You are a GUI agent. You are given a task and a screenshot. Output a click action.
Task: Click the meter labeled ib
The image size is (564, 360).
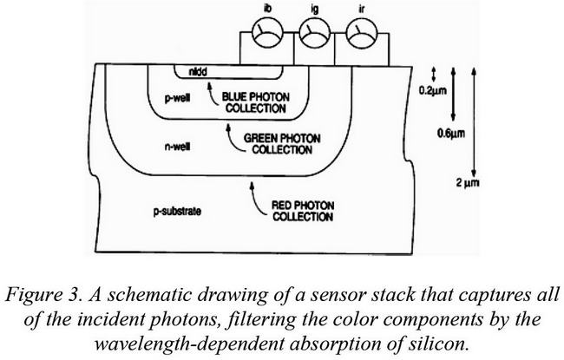(267, 33)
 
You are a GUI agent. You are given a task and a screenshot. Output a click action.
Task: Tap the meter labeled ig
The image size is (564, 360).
(314, 33)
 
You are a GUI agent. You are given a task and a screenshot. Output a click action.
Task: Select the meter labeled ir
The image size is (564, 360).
(362, 33)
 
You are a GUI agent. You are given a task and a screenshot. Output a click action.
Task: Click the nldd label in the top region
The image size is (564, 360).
(198, 72)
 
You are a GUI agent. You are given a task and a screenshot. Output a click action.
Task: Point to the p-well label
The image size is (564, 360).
(177, 98)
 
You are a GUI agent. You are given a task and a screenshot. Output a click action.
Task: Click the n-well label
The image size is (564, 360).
(178, 147)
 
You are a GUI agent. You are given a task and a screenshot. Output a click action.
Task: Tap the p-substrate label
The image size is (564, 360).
(177, 212)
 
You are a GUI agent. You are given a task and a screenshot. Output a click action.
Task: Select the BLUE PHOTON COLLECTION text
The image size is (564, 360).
(255, 102)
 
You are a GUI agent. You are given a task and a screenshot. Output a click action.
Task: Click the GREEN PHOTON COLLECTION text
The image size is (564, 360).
(282, 144)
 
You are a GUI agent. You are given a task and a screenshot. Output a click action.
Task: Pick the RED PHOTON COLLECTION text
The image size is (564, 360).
(303, 211)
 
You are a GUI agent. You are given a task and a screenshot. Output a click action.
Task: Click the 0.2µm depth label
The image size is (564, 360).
(433, 90)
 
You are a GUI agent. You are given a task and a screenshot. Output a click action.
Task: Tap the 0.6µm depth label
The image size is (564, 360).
(451, 134)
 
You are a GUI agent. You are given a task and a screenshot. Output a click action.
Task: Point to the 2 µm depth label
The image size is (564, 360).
(468, 183)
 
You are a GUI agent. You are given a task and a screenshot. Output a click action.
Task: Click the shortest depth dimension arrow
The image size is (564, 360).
(434, 74)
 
